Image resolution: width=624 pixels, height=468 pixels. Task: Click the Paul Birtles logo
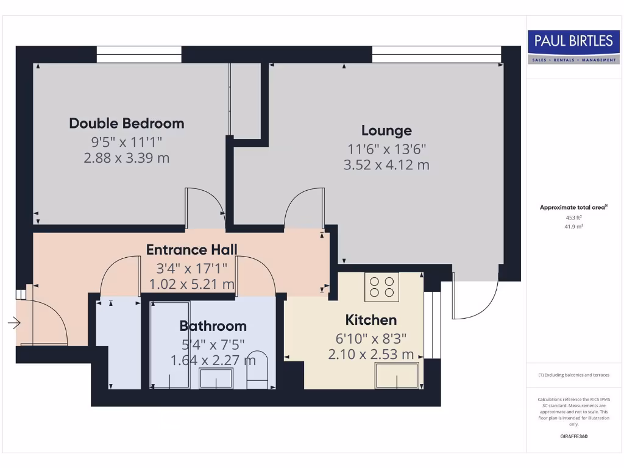point(573,46)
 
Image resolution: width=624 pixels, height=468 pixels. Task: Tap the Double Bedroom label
point(127,123)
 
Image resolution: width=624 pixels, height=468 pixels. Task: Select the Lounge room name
point(386,130)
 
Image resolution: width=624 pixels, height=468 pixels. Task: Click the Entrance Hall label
point(191,249)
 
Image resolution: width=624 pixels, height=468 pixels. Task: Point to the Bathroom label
point(213,326)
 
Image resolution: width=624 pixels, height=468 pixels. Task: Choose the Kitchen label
point(370,320)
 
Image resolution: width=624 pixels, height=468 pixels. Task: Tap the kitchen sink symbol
point(397,375)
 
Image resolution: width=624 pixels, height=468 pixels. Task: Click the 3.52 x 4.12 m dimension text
point(386,165)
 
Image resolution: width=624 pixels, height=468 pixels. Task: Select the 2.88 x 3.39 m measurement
point(127,158)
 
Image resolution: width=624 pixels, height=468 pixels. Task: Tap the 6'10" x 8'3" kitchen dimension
point(370,339)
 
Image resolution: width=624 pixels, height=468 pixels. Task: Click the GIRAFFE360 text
point(573,436)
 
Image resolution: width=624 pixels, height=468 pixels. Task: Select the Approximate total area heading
point(573,208)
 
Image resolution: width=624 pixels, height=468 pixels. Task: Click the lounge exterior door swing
point(475,299)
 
